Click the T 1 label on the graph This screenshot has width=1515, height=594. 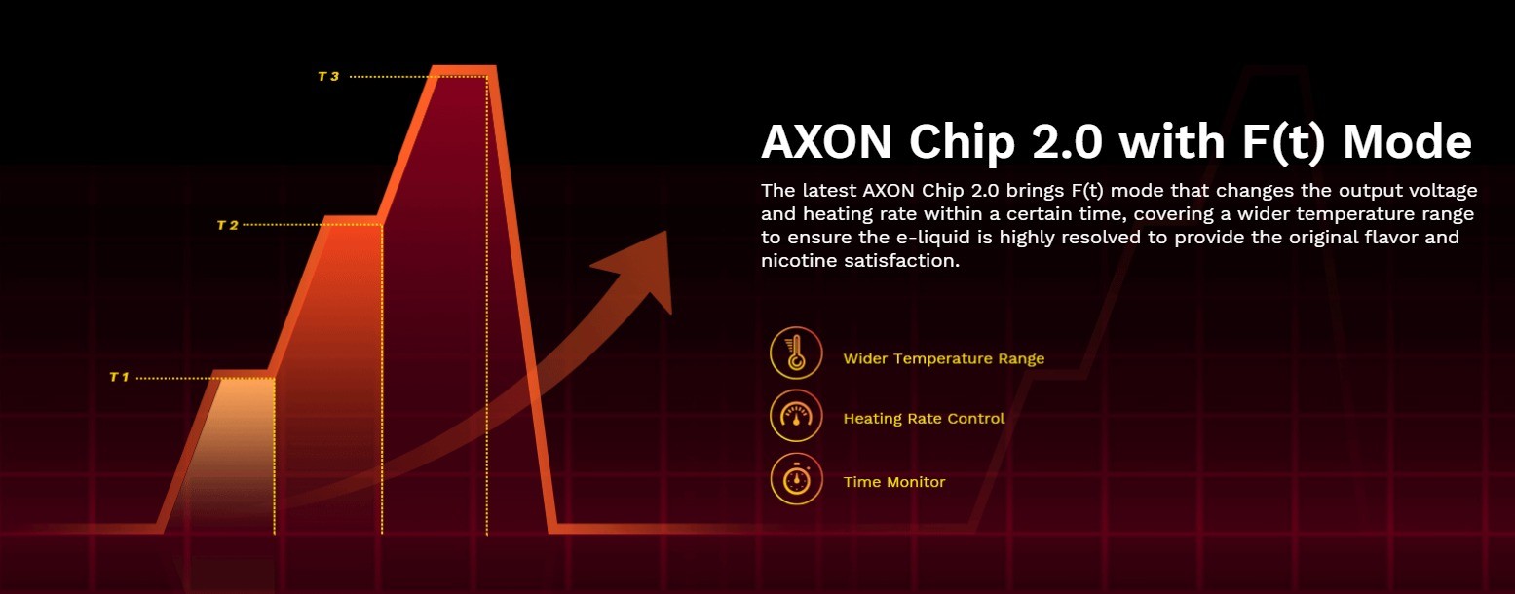click(x=119, y=377)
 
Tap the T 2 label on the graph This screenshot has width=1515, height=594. click(x=227, y=225)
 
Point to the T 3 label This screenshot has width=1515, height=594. click(x=328, y=76)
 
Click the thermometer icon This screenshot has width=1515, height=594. click(x=796, y=353)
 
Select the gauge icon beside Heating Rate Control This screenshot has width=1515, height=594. click(x=796, y=416)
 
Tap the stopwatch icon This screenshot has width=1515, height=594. click(x=796, y=479)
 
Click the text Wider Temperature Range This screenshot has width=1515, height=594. click(x=943, y=358)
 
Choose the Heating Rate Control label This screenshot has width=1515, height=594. click(x=924, y=419)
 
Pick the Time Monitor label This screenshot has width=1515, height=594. click(x=894, y=482)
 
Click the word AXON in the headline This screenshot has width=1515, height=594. click(x=826, y=142)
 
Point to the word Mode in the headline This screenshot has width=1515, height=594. click(x=1407, y=142)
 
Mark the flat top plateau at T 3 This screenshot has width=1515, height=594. click(x=463, y=70)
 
